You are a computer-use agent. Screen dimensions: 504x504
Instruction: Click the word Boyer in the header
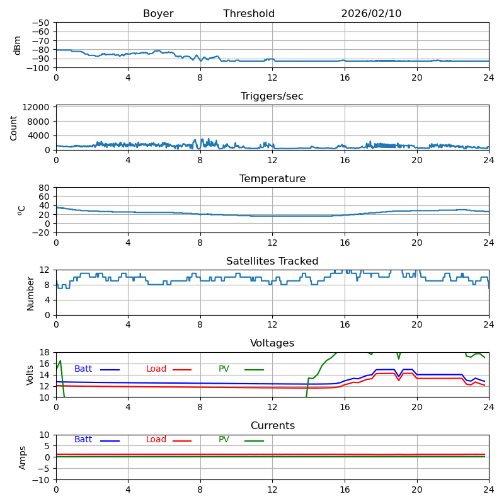(158, 14)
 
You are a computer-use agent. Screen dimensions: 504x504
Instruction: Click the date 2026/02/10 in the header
(371, 14)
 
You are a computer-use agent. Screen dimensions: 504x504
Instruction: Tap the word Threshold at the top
(249, 14)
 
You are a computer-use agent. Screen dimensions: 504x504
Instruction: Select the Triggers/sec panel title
(272, 96)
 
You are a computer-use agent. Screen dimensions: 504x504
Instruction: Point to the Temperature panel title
(272, 179)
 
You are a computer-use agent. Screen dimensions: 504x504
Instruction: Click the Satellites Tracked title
(272, 261)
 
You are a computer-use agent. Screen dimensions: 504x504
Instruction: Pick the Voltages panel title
(272, 343)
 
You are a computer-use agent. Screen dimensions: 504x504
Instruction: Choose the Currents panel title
(272, 426)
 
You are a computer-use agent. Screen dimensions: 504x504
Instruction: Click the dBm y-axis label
(18, 45)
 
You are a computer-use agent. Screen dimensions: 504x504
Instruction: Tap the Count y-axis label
(14, 127)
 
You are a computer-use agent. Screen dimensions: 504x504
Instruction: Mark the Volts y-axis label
(30, 375)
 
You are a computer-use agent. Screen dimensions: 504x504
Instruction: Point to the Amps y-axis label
(23, 457)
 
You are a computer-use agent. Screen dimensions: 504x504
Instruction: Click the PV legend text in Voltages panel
(224, 369)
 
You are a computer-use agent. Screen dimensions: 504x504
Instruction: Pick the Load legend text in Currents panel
(156, 440)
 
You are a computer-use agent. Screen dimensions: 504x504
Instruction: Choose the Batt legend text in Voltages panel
(83, 369)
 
